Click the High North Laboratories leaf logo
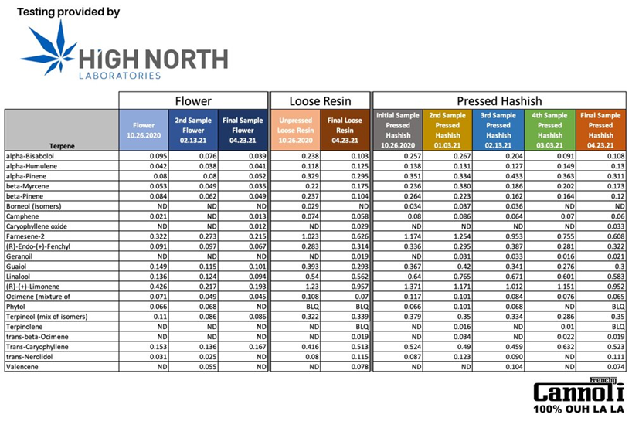(x=48, y=52)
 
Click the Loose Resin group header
(x=320, y=100)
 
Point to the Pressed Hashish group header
(x=499, y=100)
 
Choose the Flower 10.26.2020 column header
(x=144, y=130)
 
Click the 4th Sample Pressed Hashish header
(x=549, y=130)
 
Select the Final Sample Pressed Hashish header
(x=600, y=130)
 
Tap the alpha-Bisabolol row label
(x=31, y=155)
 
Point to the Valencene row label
(x=23, y=368)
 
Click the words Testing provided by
(x=69, y=13)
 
